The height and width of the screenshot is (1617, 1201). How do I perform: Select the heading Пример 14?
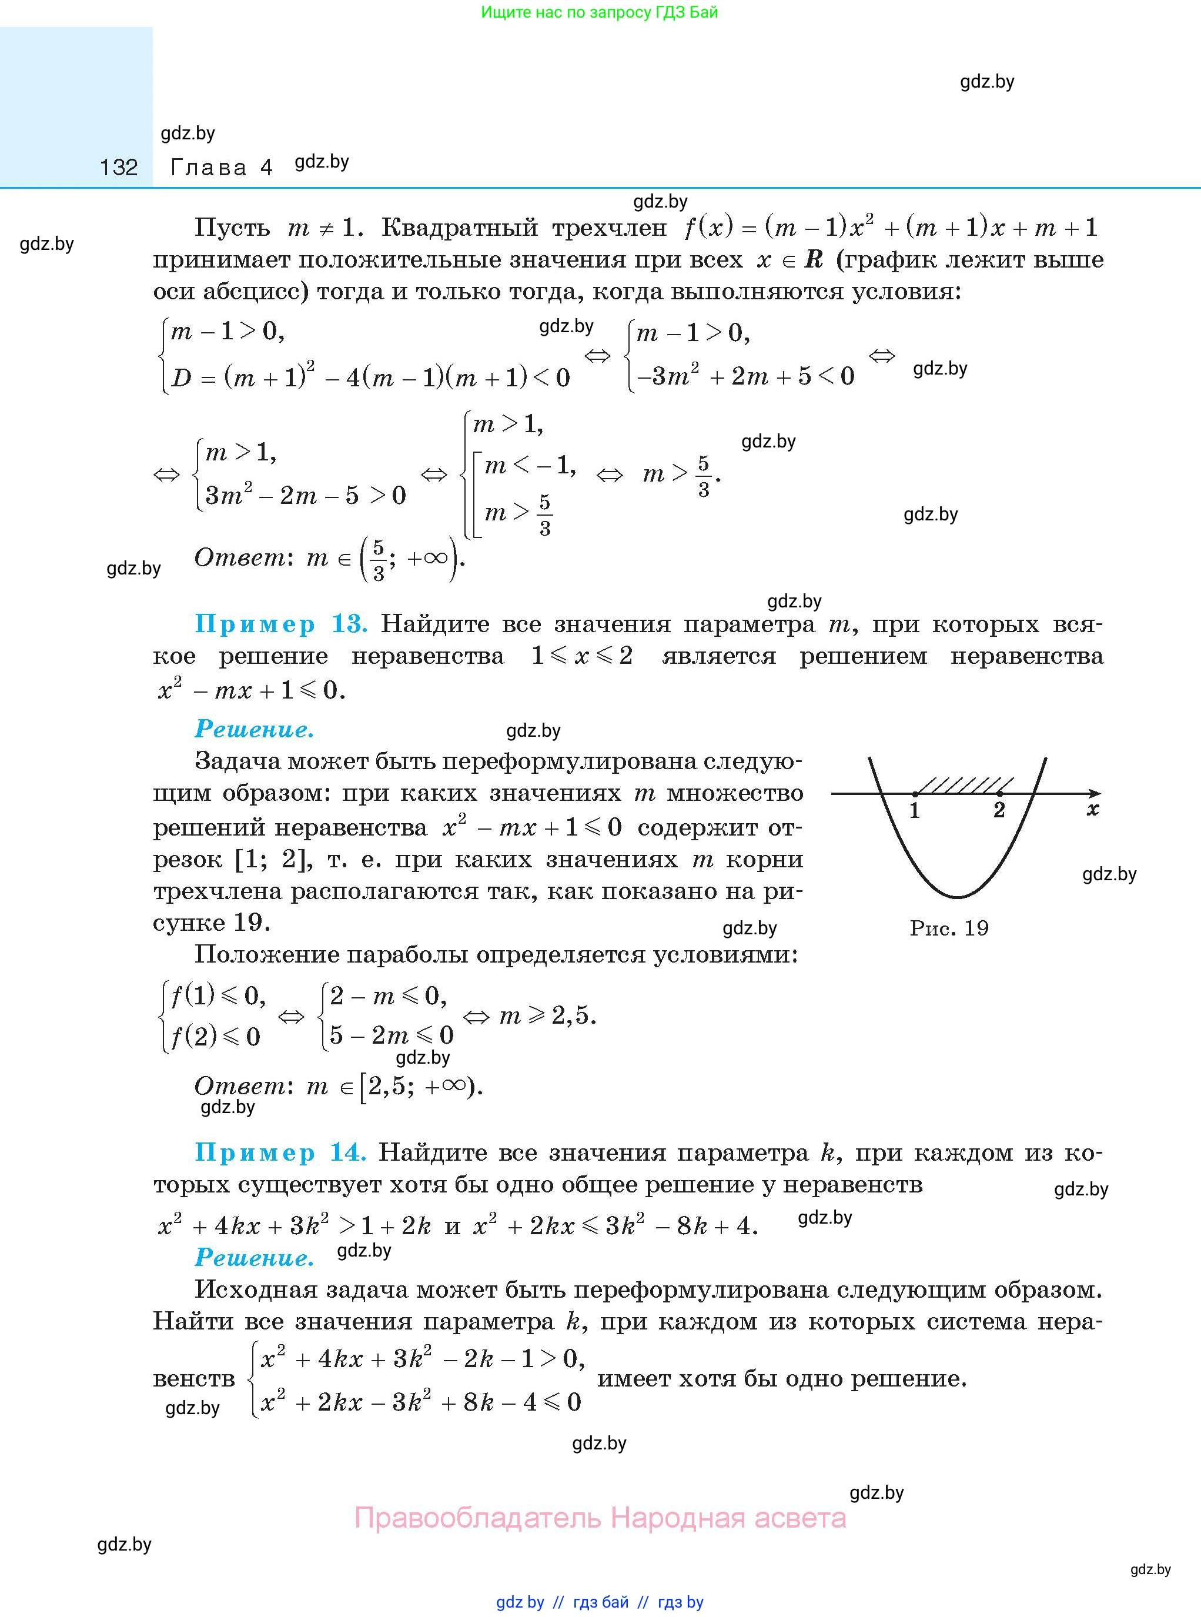pyautogui.click(x=280, y=1152)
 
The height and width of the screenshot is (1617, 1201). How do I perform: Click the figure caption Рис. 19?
pyautogui.click(x=949, y=928)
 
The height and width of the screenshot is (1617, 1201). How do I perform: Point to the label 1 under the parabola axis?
pyautogui.click(x=915, y=811)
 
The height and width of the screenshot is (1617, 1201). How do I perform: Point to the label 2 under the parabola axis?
pyautogui.click(x=999, y=811)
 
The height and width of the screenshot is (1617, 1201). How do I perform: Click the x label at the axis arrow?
pyautogui.click(x=1092, y=810)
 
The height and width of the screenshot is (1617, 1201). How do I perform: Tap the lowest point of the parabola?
pyautogui.click(x=958, y=897)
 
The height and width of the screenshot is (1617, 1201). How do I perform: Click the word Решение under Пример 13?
pyautogui.click(x=255, y=729)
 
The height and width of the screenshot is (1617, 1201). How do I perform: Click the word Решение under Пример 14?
pyautogui.click(x=255, y=1257)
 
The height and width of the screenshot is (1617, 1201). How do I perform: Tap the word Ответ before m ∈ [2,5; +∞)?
pyautogui.click(x=240, y=1086)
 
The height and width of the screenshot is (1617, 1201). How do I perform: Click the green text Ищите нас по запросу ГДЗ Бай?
pyautogui.click(x=599, y=12)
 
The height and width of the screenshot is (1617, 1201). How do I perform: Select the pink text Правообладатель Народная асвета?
pyautogui.click(x=600, y=1518)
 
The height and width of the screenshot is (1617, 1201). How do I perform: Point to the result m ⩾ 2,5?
pyautogui.click(x=547, y=1015)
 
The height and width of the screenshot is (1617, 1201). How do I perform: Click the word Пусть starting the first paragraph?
pyautogui.click(x=232, y=228)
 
